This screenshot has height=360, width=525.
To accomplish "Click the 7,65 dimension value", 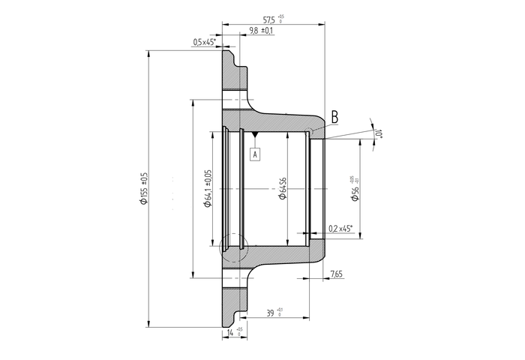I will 337,275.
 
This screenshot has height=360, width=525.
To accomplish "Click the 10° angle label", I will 379,133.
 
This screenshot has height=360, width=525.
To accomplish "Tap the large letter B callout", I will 334,117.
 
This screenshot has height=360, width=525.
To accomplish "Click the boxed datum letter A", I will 255,154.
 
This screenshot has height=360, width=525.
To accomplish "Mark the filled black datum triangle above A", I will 255,135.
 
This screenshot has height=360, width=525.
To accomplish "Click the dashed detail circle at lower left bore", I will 233,246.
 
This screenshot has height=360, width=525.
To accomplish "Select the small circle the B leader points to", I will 310,133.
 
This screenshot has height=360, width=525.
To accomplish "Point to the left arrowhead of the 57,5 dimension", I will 224,24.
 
